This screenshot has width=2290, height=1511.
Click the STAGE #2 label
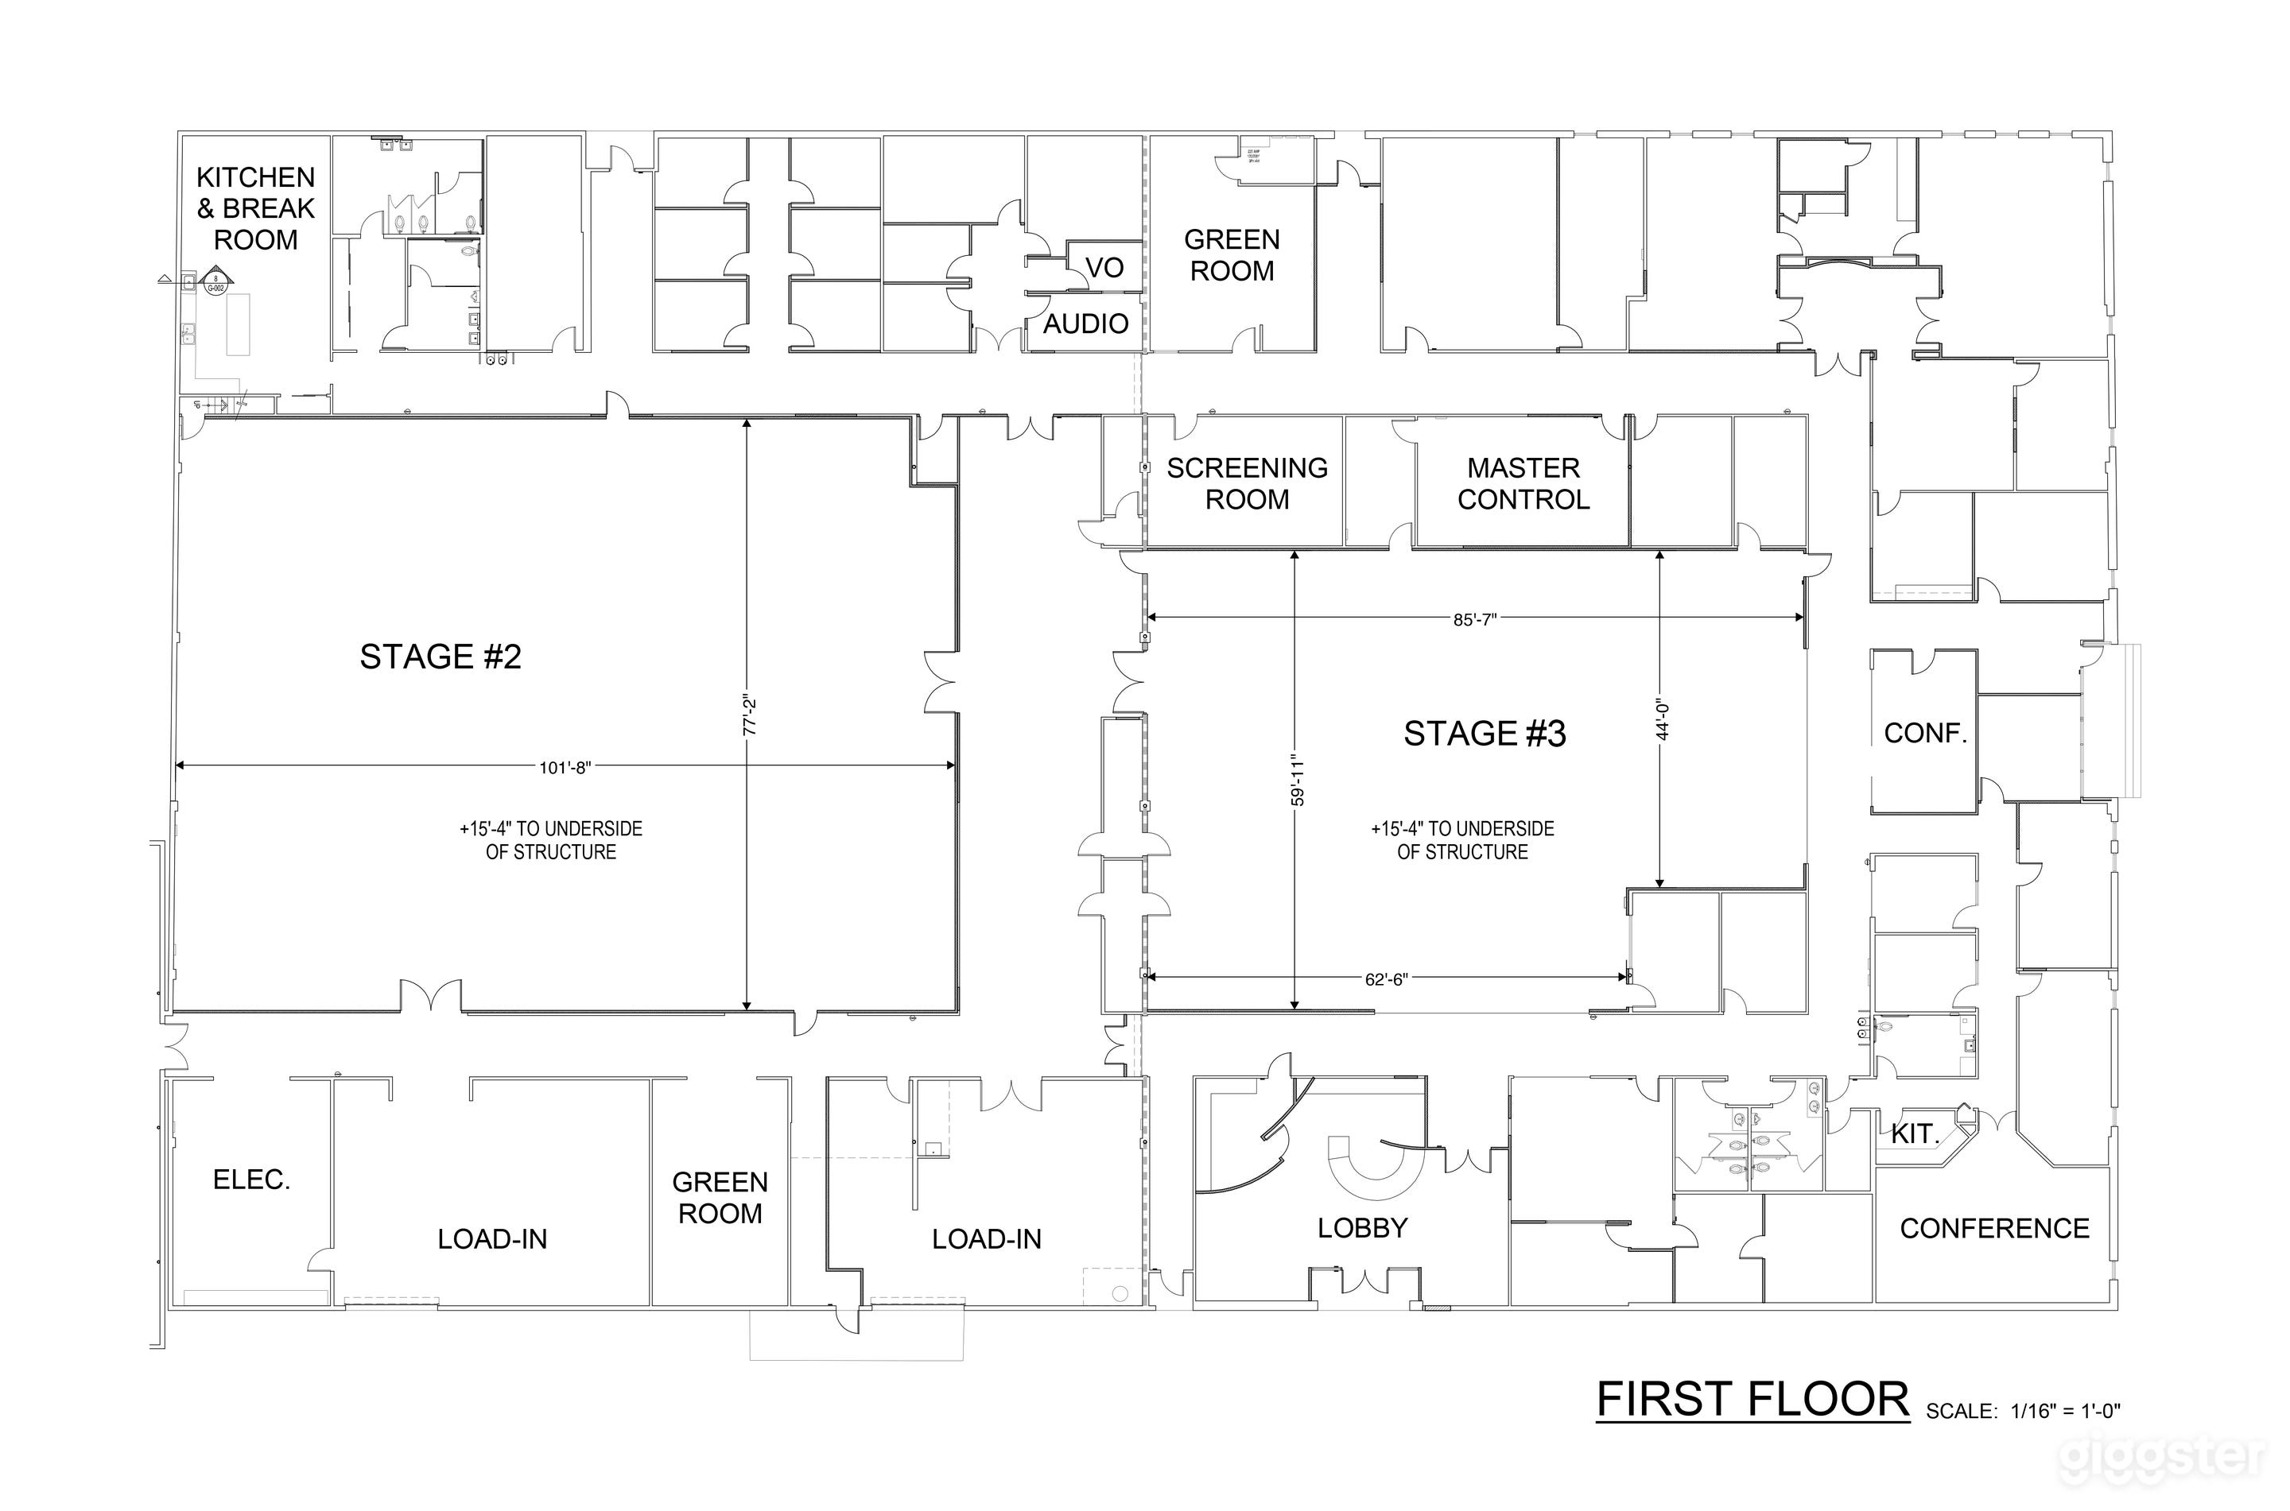point(441,657)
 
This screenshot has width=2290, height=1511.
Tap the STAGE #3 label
point(1485,734)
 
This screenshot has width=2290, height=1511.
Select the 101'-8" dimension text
point(565,768)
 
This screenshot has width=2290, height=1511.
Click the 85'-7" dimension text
point(1473,621)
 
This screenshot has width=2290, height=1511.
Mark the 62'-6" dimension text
point(1386,980)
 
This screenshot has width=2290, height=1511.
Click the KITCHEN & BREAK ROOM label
point(255,208)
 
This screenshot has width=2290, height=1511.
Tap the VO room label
point(1104,268)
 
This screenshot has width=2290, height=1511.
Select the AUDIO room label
point(1085,324)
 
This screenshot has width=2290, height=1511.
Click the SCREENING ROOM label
point(1247,484)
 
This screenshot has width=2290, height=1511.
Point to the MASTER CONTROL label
point(1523,484)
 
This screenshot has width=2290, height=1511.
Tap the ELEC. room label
point(251,1180)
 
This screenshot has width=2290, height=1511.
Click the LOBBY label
point(1362,1228)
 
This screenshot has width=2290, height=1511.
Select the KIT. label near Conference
point(1914,1134)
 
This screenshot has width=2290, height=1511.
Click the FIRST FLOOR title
point(1752,1401)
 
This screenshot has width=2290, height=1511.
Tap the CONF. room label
point(1925,734)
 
